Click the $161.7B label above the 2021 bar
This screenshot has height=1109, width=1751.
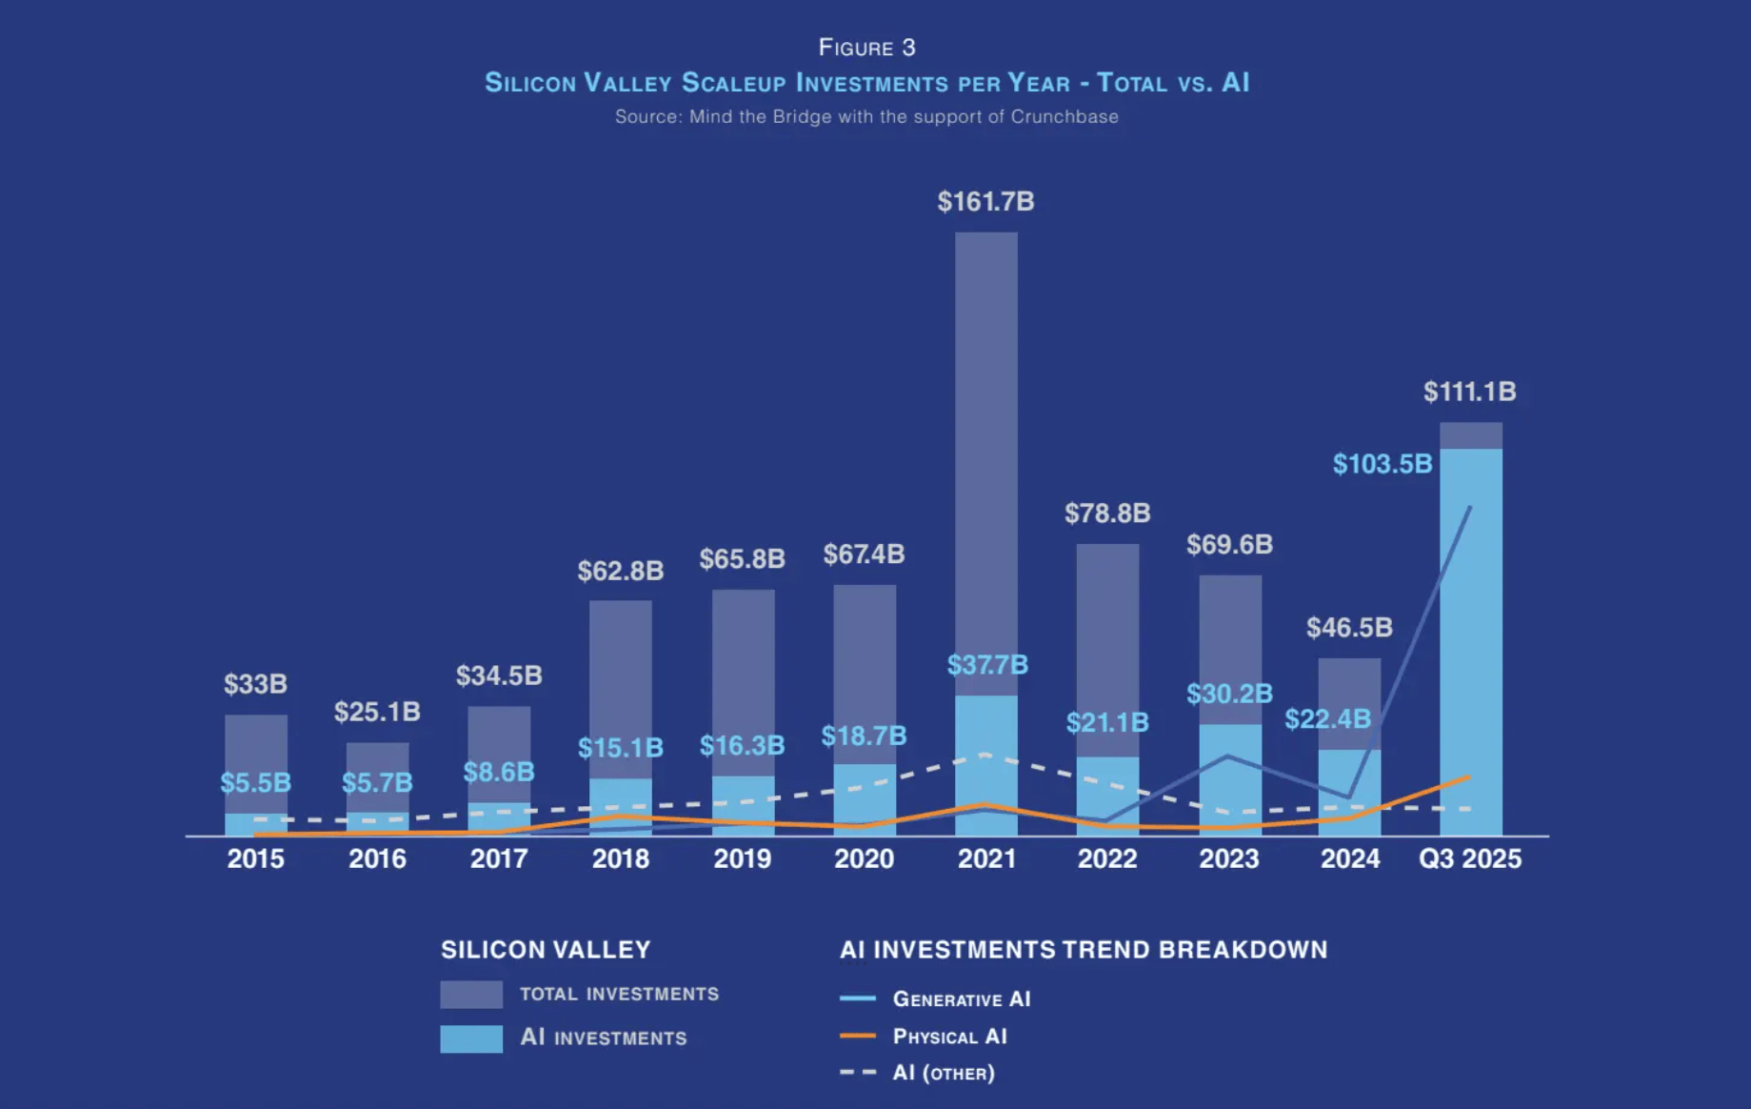pos(985,202)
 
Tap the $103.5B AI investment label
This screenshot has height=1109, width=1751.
pos(1382,464)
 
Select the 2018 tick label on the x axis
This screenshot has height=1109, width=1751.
pos(621,859)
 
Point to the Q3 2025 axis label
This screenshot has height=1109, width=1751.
pos(1470,859)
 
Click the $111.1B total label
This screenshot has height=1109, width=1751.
pos(1469,392)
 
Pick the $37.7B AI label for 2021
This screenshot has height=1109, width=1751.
pos(987,665)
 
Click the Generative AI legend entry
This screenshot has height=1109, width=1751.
pos(961,999)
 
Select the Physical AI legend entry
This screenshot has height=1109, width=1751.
pos(949,1037)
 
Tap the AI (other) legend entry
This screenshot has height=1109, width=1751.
pos(943,1073)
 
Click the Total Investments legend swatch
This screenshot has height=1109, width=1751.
pos(471,995)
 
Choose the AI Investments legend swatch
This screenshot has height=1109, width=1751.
pos(471,1038)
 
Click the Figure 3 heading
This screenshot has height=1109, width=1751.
pos(866,48)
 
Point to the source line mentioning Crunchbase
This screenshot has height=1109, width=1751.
pos(866,117)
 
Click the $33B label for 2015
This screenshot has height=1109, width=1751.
pos(255,684)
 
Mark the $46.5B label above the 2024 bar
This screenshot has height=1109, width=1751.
pos(1349,628)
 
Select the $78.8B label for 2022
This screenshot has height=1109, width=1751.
pos(1107,514)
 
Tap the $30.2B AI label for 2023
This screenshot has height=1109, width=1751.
pos(1229,694)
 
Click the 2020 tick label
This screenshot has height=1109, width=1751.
pos(864,859)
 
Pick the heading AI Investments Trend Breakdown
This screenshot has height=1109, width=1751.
pos(1084,950)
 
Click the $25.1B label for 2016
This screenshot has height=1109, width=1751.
pos(377,712)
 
